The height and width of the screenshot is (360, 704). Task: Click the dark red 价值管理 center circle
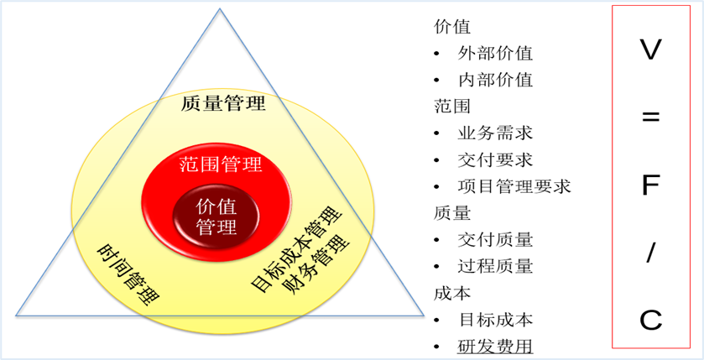pos(216,217)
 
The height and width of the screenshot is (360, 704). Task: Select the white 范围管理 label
pos(220,164)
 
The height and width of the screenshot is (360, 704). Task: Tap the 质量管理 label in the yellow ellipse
pos(223,104)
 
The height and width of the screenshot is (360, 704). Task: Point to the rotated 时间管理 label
pos(129,274)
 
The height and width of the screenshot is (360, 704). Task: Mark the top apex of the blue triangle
pos(220,8)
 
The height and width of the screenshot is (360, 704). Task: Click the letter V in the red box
pos(650,50)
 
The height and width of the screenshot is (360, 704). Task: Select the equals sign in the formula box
pos(650,118)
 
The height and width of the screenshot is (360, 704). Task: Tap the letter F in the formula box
pos(650,185)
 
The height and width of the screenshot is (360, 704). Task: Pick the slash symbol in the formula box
pos(650,253)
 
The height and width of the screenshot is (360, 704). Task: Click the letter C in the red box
pos(650,321)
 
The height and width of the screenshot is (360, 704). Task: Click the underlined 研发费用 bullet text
pos(495,347)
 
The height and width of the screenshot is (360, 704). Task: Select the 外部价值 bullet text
pos(495,54)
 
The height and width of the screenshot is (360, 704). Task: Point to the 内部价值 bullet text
pos(495,80)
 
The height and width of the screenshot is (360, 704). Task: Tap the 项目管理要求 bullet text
pos(514,186)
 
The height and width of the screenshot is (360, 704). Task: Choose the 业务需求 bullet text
pos(495,133)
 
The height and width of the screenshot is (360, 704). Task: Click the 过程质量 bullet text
pos(495,266)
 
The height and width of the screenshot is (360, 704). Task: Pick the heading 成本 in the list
pos(452,293)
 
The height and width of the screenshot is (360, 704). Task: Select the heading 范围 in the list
pos(452,107)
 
